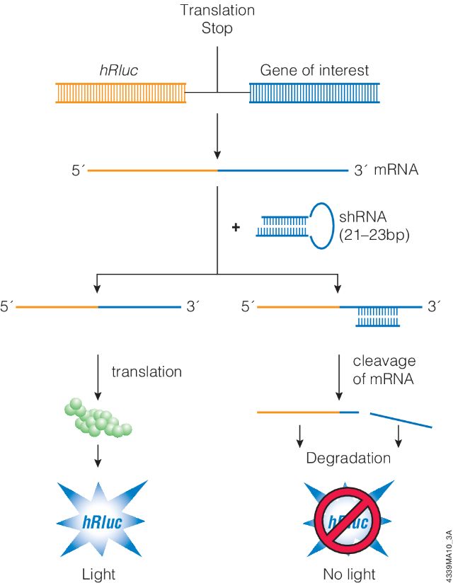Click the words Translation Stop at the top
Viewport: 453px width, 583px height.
[217, 19]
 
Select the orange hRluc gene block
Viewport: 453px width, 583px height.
[121, 93]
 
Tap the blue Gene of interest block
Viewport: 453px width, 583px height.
[314, 93]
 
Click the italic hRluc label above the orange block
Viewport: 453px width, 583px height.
[118, 71]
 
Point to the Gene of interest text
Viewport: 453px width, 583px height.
[314, 71]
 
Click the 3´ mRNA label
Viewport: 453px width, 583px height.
[385, 171]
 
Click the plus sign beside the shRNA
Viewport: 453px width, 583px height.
[236, 227]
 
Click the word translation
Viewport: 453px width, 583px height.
[147, 371]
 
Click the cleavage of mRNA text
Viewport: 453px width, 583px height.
[382, 370]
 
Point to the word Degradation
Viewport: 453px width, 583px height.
[348, 458]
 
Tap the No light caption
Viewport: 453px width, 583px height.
[348, 574]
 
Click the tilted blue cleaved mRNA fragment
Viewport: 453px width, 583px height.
[401, 419]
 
